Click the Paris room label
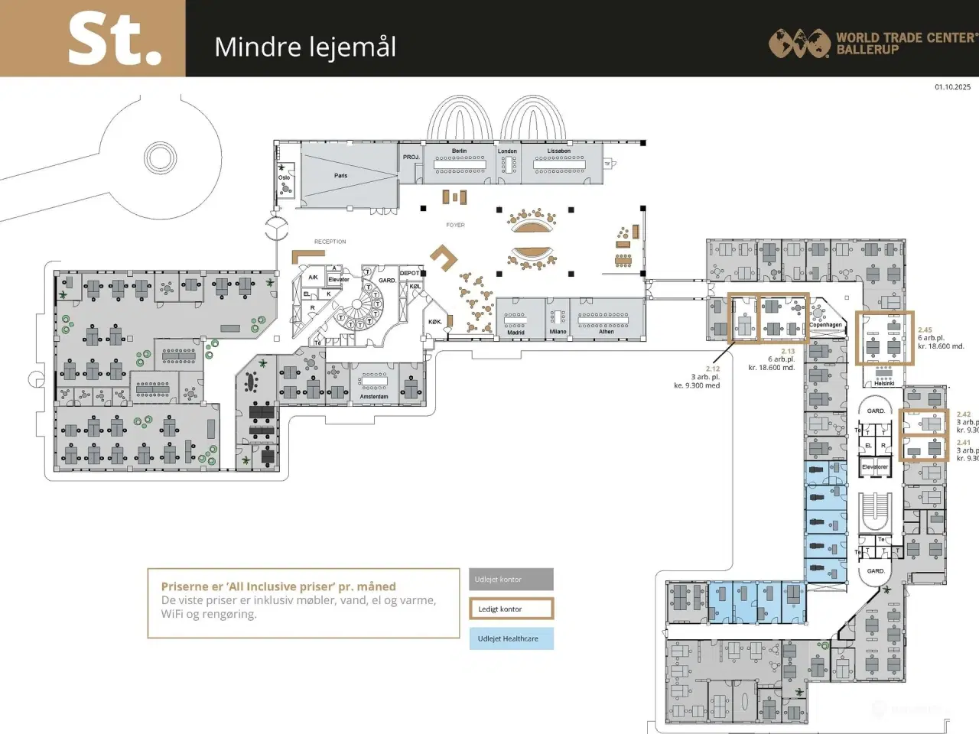pyautogui.click(x=340, y=176)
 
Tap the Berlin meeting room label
pyautogui.click(x=459, y=151)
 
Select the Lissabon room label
pyautogui.click(x=558, y=151)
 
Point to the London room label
pyautogui.click(x=507, y=151)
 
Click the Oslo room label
pyautogui.click(x=284, y=177)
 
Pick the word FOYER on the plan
pyautogui.click(x=455, y=225)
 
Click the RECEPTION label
pyautogui.click(x=330, y=242)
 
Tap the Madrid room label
pyautogui.click(x=516, y=333)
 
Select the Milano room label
pyautogui.click(x=558, y=332)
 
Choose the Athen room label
pyautogui.click(x=606, y=332)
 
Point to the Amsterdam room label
pyautogui.click(x=373, y=397)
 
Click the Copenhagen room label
pyautogui.click(x=825, y=325)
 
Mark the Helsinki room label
pyautogui.click(x=884, y=383)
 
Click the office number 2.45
pyautogui.click(x=925, y=330)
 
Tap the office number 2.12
pyautogui.click(x=712, y=369)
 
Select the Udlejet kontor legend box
pyautogui.click(x=511, y=580)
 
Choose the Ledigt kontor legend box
pyautogui.click(x=511, y=609)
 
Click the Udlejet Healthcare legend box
pyautogui.click(x=511, y=638)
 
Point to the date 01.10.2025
pyautogui.click(x=952, y=87)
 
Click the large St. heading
pyautogui.click(x=115, y=40)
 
